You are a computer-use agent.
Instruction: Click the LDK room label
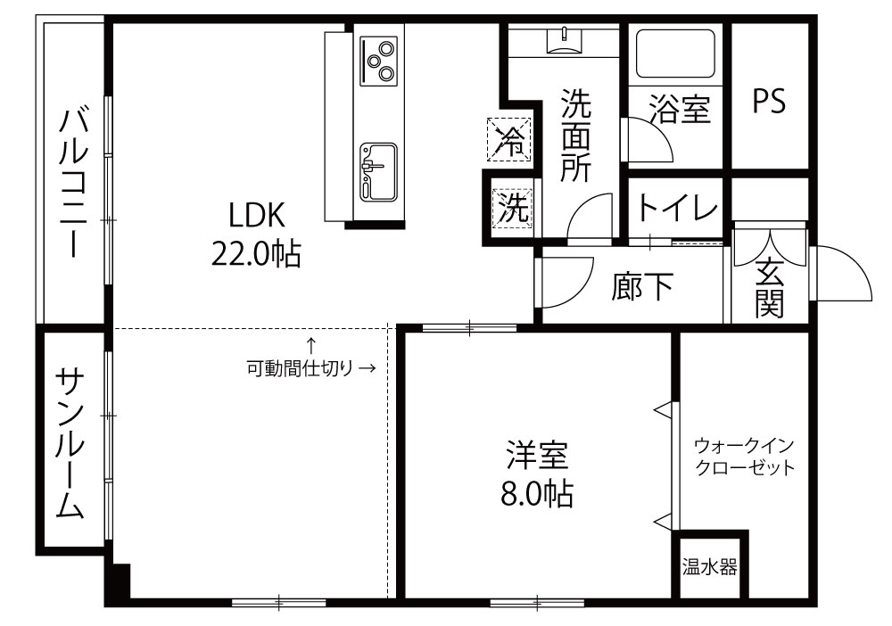click(256, 216)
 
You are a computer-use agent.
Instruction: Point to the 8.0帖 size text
click(537, 493)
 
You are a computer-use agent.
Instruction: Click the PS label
click(769, 101)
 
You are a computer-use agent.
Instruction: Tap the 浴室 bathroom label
click(680, 109)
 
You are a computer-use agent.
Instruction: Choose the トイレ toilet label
click(677, 207)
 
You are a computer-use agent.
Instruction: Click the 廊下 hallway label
click(642, 286)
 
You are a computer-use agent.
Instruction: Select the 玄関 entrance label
click(769, 288)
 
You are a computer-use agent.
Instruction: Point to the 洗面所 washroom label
click(575, 136)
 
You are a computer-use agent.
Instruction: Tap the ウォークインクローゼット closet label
click(744, 457)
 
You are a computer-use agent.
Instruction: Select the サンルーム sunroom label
click(70, 443)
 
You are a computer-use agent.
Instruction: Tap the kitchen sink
click(378, 172)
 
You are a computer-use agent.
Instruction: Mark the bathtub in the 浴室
click(675, 54)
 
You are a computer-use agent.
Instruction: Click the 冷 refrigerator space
click(508, 139)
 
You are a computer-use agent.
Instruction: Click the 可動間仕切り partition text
click(299, 368)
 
